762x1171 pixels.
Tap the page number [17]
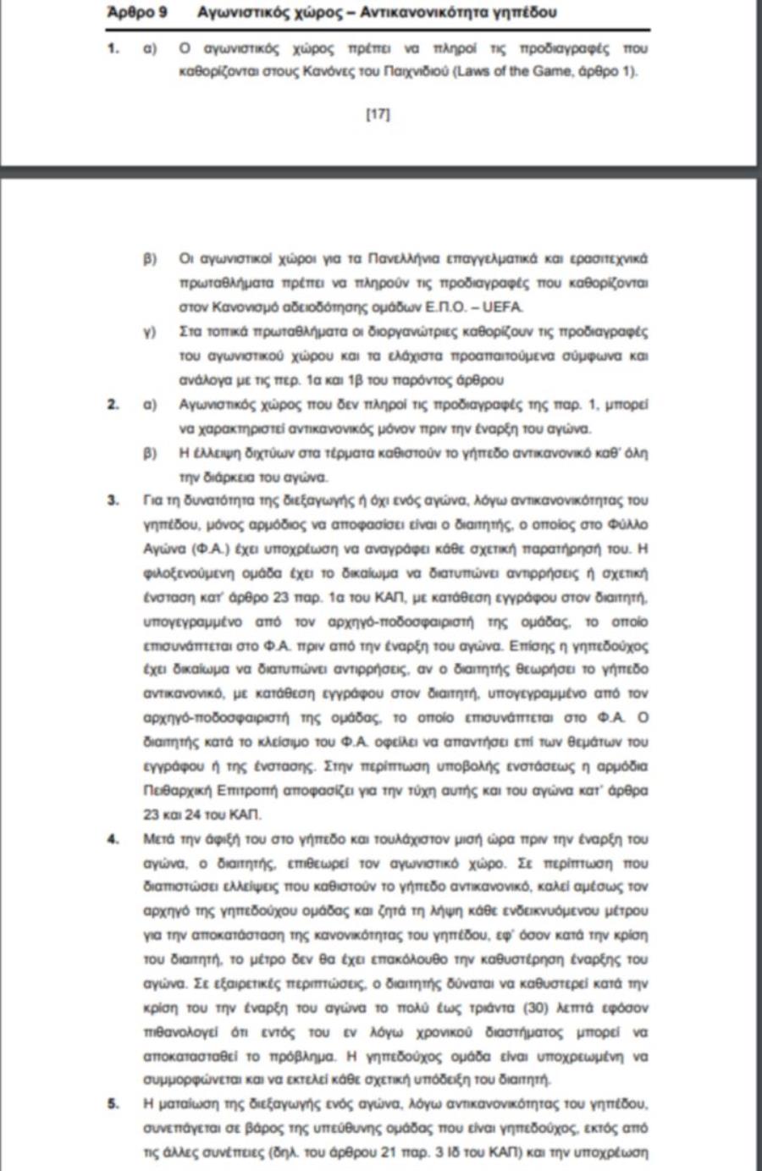[x=378, y=113]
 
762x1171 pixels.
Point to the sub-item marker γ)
[x=150, y=332]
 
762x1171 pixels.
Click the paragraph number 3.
[x=113, y=500]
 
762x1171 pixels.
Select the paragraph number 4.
[x=113, y=839]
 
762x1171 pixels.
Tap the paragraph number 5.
[x=113, y=1104]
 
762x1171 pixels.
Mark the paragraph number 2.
[x=113, y=405]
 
